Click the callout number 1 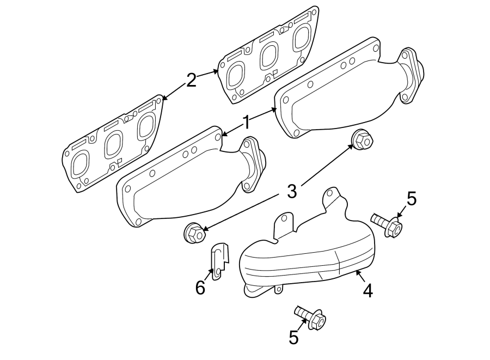pyautogui.click(x=246, y=123)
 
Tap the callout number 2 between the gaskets pyautogui.click(x=191, y=81)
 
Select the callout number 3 pyautogui.click(x=292, y=191)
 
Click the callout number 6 pyautogui.click(x=200, y=288)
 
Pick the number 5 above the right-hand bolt pyautogui.click(x=411, y=199)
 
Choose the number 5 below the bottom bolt pyautogui.click(x=294, y=338)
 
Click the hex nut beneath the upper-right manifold pyautogui.click(x=362, y=141)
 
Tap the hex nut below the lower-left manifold pyautogui.click(x=194, y=234)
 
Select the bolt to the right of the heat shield pyautogui.click(x=388, y=224)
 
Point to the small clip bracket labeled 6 pyautogui.click(x=217, y=261)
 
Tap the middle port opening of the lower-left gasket pyautogui.click(x=114, y=145)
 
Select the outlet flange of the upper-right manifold pyautogui.click(x=411, y=76)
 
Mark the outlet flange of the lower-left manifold pyautogui.click(x=254, y=164)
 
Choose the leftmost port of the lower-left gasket pyautogui.click(x=80, y=165)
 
